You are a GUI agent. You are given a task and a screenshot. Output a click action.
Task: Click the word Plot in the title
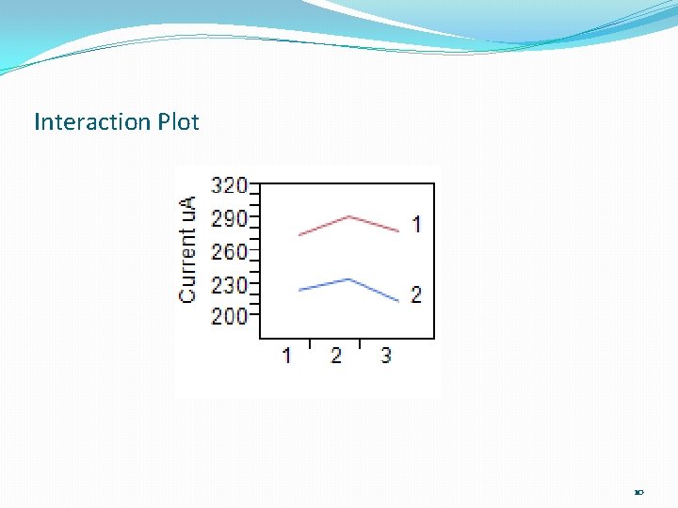[178, 122]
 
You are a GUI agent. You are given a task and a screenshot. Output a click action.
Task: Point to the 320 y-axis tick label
[229, 184]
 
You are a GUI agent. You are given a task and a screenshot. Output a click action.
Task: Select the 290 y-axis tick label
[229, 218]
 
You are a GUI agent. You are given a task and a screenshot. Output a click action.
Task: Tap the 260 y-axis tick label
[229, 251]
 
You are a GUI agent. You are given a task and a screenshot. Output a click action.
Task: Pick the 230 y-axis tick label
[229, 284]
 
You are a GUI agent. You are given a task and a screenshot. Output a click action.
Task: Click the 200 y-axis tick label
[229, 316]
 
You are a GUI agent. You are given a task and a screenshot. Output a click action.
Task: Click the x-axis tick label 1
[286, 356]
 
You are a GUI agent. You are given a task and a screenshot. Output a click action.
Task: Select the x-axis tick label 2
[336, 356]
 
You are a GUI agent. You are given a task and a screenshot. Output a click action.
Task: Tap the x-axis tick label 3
[386, 356]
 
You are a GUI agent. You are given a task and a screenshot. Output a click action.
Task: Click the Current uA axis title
[188, 249]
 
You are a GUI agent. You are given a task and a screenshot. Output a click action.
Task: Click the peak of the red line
[349, 216]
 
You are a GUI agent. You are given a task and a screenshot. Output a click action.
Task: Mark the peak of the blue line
[349, 279]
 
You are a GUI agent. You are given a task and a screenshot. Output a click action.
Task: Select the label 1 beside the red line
[416, 224]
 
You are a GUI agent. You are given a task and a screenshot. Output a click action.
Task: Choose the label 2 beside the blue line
[416, 294]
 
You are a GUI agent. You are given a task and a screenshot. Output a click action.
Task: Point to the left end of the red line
[299, 234]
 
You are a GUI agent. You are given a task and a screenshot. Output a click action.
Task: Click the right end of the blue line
[398, 301]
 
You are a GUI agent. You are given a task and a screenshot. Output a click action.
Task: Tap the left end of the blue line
[299, 290]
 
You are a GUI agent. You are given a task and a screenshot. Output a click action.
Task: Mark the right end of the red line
[398, 231]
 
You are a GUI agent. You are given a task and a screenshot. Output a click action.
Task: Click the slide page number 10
[638, 492]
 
